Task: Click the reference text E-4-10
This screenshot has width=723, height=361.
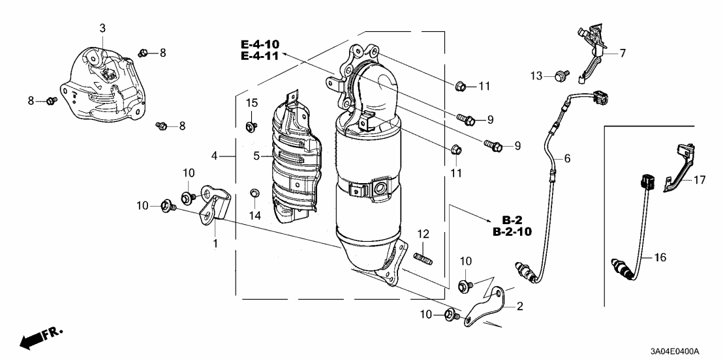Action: pos(260,44)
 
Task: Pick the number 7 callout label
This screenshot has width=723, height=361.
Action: pos(622,53)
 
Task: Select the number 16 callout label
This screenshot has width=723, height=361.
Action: pos(660,258)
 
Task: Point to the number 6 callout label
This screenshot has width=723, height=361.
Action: pos(567,158)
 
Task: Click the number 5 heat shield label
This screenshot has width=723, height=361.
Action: pos(256,156)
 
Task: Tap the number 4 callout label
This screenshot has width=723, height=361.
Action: pos(215,156)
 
